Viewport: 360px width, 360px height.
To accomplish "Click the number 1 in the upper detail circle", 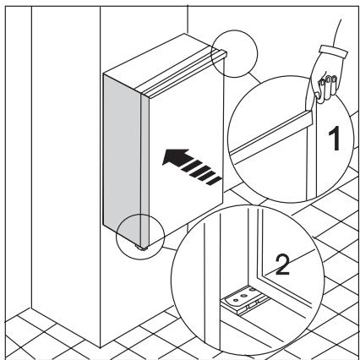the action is pos(335,139).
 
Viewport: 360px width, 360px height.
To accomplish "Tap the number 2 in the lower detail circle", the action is pos(282,265).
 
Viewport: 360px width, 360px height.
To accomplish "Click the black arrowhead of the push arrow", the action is pos(175,156).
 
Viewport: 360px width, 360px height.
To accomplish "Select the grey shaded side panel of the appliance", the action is pos(122,154).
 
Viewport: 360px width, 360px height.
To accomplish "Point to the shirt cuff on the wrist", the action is pos(334,52).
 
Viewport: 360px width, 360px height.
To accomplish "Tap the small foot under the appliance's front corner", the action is pos(139,248).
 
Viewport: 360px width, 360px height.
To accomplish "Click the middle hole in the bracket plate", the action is pos(244,296).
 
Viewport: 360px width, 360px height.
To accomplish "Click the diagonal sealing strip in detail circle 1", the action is pos(271,136).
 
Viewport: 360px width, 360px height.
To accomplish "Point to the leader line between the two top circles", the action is pos(254,79).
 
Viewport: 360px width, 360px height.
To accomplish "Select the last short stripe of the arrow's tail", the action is pos(214,180).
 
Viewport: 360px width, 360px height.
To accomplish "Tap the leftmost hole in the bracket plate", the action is pos(236,301).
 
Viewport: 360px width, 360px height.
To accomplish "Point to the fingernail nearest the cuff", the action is pos(335,78).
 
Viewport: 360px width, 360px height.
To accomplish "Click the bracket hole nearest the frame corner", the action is pos(252,290).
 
